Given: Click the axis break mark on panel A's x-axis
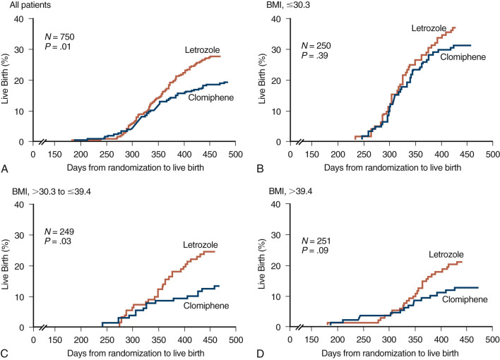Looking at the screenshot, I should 44,142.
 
